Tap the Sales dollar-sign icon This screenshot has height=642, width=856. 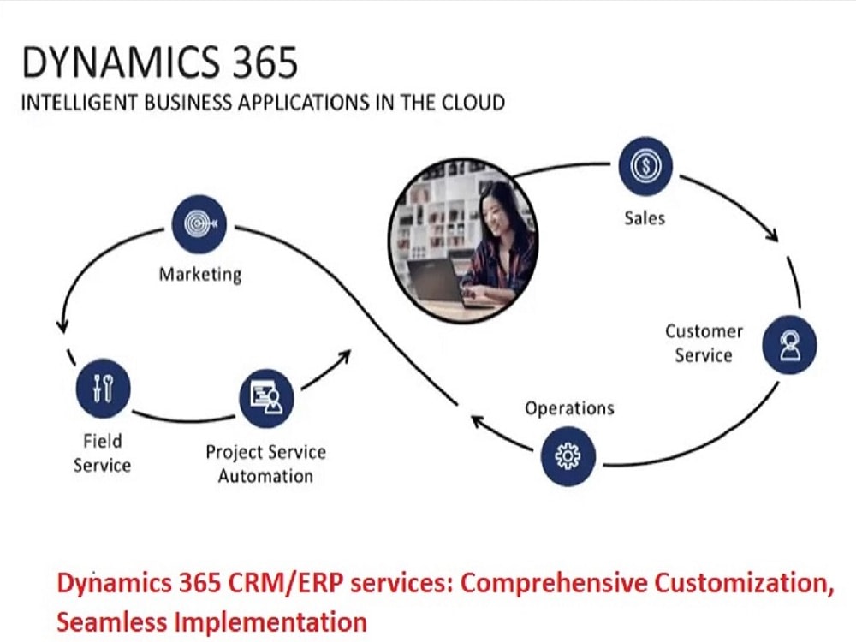tap(645, 166)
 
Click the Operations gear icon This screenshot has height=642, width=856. tap(568, 457)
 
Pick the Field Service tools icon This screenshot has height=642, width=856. tap(102, 387)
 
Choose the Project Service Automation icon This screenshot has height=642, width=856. tap(266, 397)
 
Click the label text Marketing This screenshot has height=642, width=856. tap(200, 275)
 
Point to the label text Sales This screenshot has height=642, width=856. tap(644, 217)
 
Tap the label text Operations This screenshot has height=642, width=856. tap(569, 407)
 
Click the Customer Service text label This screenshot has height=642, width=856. tap(704, 342)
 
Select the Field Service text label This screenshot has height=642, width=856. tap(102, 453)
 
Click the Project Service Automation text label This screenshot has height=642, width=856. tap(265, 463)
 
